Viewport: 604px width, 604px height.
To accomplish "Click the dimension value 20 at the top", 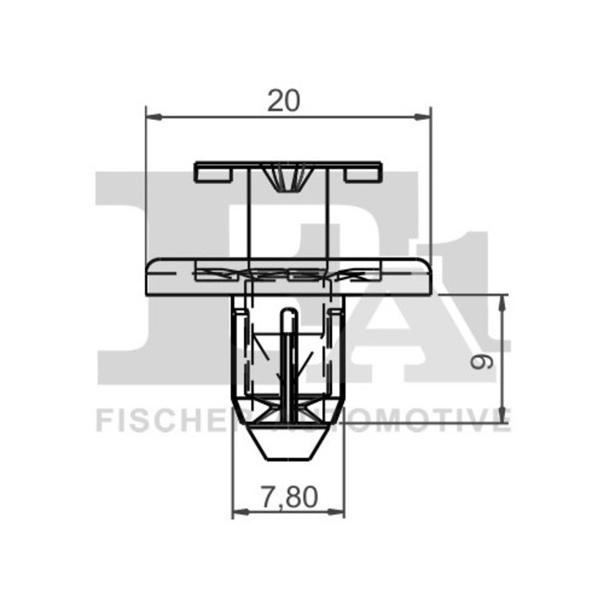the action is coord(284,101).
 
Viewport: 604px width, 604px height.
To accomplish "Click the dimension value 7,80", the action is coord(289,497).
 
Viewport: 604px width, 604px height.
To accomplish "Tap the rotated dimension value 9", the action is coord(482,362).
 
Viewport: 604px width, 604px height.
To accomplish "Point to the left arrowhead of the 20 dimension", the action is coord(154,117).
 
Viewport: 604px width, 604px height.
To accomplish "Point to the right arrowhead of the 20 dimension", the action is coord(422,117).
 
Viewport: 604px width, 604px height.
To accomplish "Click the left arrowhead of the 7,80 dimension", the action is coord(241,512).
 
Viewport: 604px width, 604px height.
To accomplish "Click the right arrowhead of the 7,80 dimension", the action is coord(336,512).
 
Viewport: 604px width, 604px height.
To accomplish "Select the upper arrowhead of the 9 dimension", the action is coord(502,303).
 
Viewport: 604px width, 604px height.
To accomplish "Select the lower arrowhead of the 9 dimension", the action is coord(502,414).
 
